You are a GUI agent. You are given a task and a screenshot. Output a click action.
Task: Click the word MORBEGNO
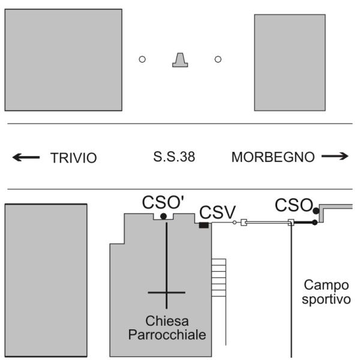point(273,157)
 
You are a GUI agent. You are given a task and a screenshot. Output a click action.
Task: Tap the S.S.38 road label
point(174,158)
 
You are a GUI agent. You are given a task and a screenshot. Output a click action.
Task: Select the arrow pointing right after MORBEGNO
point(334,157)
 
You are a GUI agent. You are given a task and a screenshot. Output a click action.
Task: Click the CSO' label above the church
point(163,202)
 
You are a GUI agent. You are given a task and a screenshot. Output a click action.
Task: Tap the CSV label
point(217,212)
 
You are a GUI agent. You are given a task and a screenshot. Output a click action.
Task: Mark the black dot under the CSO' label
point(163,216)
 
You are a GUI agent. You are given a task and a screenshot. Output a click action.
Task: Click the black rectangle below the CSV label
point(203,225)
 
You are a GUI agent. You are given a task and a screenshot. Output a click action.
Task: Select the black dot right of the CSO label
point(316,211)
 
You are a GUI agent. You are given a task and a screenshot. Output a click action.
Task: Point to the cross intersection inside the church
point(167,292)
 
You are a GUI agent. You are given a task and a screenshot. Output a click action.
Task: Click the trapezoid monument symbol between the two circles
point(180,59)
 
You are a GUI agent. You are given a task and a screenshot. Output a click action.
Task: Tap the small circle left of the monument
point(142,59)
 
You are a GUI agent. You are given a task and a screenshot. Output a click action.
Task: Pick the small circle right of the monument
point(218,59)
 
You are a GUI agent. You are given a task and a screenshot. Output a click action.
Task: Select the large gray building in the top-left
point(63,59)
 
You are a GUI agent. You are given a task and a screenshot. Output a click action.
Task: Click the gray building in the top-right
point(290,62)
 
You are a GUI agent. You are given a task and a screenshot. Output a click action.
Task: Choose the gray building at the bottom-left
point(46,281)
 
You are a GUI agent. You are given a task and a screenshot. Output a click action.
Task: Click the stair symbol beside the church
point(218,277)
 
